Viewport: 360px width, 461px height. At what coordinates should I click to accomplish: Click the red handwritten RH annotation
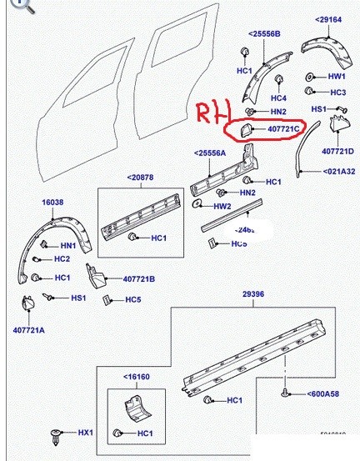(x=209, y=115)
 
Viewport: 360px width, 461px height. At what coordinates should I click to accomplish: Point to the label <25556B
(x=264, y=33)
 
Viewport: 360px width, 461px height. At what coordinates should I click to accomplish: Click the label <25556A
(x=210, y=153)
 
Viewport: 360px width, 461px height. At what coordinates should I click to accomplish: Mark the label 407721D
(x=338, y=151)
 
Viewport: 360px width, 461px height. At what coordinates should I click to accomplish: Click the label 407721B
(x=142, y=278)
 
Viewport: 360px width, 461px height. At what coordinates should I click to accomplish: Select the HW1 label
(x=337, y=76)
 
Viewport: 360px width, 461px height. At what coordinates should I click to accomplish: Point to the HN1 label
(x=68, y=246)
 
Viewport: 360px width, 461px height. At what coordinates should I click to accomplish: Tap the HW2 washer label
(x=222, y=206)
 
